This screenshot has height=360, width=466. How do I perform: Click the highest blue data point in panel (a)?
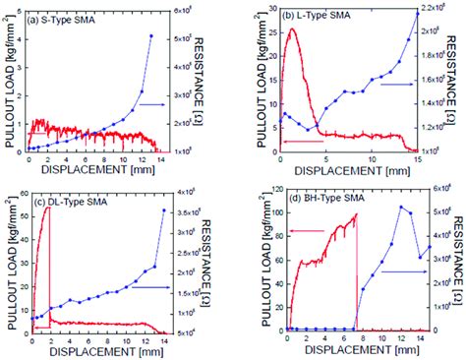(x=150, y=36)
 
